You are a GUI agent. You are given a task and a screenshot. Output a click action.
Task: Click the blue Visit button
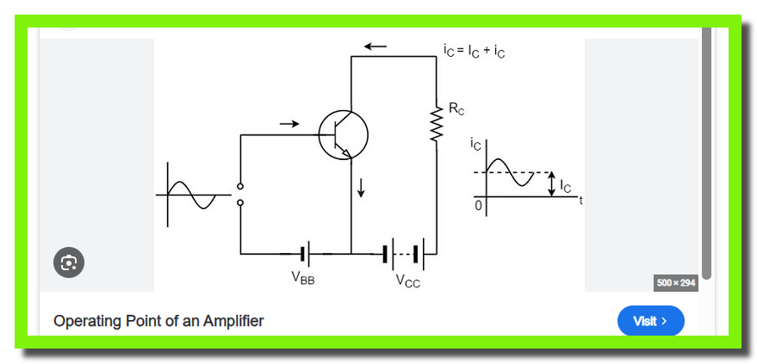651,321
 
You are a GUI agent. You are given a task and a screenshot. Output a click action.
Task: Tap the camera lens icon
69,262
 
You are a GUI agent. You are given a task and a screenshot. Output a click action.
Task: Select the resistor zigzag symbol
437,125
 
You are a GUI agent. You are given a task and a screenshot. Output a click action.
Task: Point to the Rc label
456,109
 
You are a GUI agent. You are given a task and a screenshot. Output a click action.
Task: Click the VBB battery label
303,278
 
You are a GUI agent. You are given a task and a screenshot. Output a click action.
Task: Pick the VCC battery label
408,281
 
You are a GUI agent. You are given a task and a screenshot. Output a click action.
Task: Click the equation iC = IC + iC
474,51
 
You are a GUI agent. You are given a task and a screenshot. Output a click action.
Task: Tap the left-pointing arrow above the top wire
375,46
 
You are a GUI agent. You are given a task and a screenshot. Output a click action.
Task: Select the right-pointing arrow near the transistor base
289,124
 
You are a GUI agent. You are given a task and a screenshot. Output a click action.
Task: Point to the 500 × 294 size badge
676,283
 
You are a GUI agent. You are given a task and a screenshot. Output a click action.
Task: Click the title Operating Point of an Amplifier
158,321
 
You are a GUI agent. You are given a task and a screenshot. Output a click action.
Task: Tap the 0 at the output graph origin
479,206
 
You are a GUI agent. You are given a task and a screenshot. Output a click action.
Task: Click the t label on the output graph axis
580,201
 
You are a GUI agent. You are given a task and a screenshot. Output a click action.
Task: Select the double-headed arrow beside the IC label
551,185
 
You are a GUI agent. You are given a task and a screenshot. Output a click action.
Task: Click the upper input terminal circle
240,187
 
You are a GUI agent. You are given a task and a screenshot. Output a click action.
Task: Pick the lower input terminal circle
240,203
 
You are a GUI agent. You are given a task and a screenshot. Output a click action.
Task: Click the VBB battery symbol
305,253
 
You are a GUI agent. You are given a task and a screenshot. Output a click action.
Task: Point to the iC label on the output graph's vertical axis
475,145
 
